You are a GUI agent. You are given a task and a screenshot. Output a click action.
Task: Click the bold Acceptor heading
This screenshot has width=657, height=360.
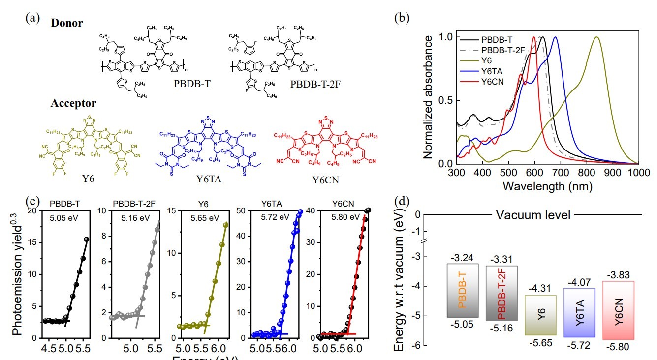coord(73,104)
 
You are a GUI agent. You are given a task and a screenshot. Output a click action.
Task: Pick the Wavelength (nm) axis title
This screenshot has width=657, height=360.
coord(547,186)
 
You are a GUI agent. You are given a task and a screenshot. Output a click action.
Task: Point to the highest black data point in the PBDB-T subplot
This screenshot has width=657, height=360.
coord(87,240)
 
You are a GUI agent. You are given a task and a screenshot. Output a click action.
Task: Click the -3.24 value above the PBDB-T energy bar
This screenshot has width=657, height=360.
coord(462,257)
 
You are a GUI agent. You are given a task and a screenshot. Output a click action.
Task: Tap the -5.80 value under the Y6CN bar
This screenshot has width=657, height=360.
coord(618,346)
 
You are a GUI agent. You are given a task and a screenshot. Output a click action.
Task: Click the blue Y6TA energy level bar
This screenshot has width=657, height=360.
coord(579,312)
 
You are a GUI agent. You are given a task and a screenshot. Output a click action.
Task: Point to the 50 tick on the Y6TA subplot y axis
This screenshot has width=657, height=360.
coord(243,211)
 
